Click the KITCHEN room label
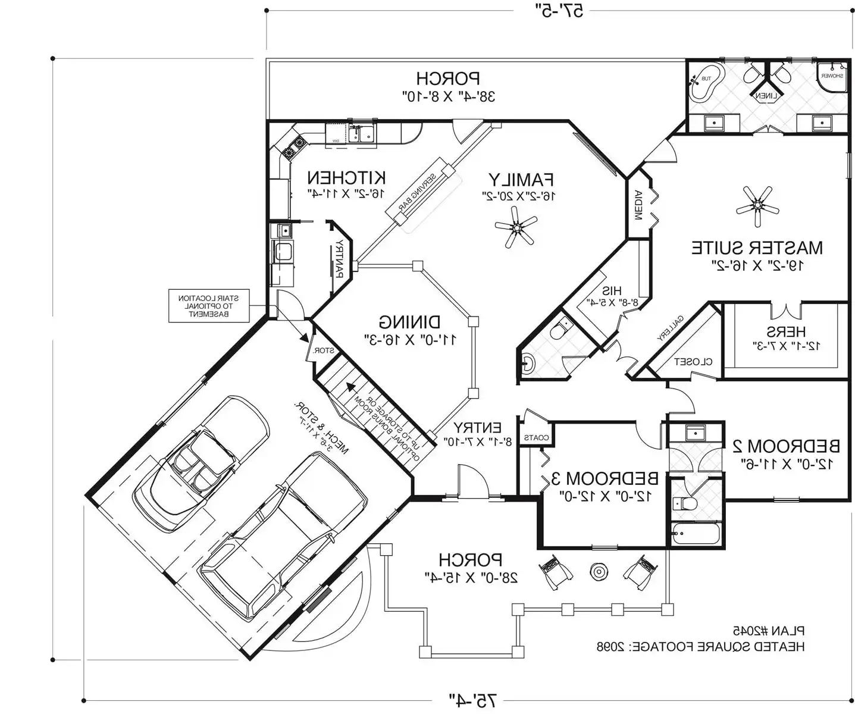pyautogui.click(x=346, y=177)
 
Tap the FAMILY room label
pyautogui.click(x=521, y=179)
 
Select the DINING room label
pyautogui.click(x=410, y=322)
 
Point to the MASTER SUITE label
pyautogui.click(x=757, y=248)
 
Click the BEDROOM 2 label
pyautogui.click(x=787, y=446)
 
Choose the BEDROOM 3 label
pyautogui.click(x=605, y=478)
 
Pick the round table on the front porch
pyautogui.click(x=598, y=572)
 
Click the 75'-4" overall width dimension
pyautogui.click(x=472, y=700)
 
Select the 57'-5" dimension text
pyautogui.click(x=560, y=10)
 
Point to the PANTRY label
pyautogui.click(x=339, y=259)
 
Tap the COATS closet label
pyautogui.click(x=535, y=437)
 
